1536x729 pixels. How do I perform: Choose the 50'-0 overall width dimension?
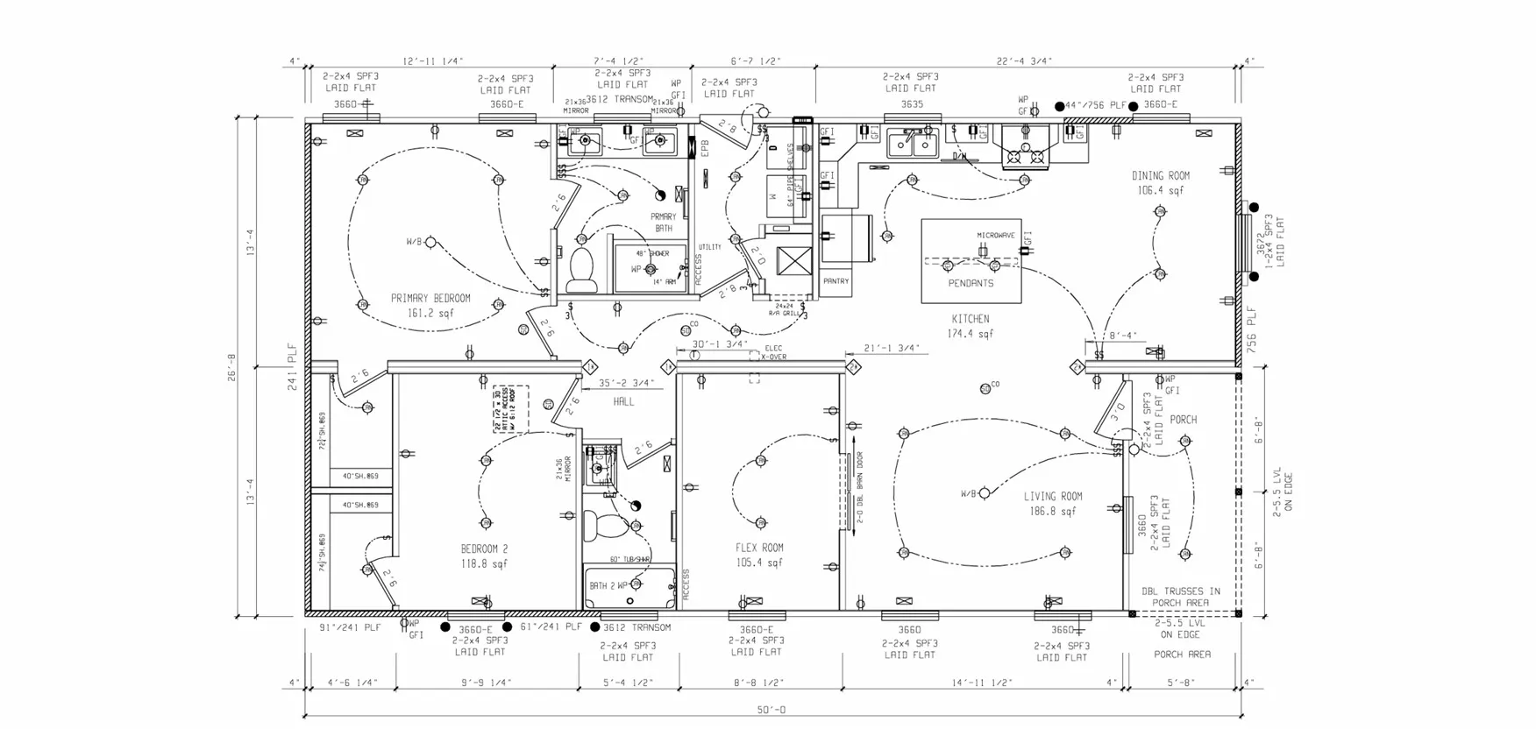(771, 710)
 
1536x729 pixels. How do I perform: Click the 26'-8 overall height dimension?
(231, 367)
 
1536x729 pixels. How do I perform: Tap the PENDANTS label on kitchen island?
(971, 284)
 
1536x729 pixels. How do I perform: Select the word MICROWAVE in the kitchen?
(996, 236)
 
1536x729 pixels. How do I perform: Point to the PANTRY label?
(836, 281)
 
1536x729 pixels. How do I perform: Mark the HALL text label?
(623, 401)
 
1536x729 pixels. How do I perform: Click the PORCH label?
(1183, 420)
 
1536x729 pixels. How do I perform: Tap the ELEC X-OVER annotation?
(773, 352)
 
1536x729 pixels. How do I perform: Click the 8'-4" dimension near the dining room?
(1123, 336)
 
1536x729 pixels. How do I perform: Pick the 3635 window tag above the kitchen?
(912, 104)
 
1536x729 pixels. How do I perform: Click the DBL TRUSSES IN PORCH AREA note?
(1180, 597)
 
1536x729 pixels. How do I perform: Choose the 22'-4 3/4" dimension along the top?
(1024, 61)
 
